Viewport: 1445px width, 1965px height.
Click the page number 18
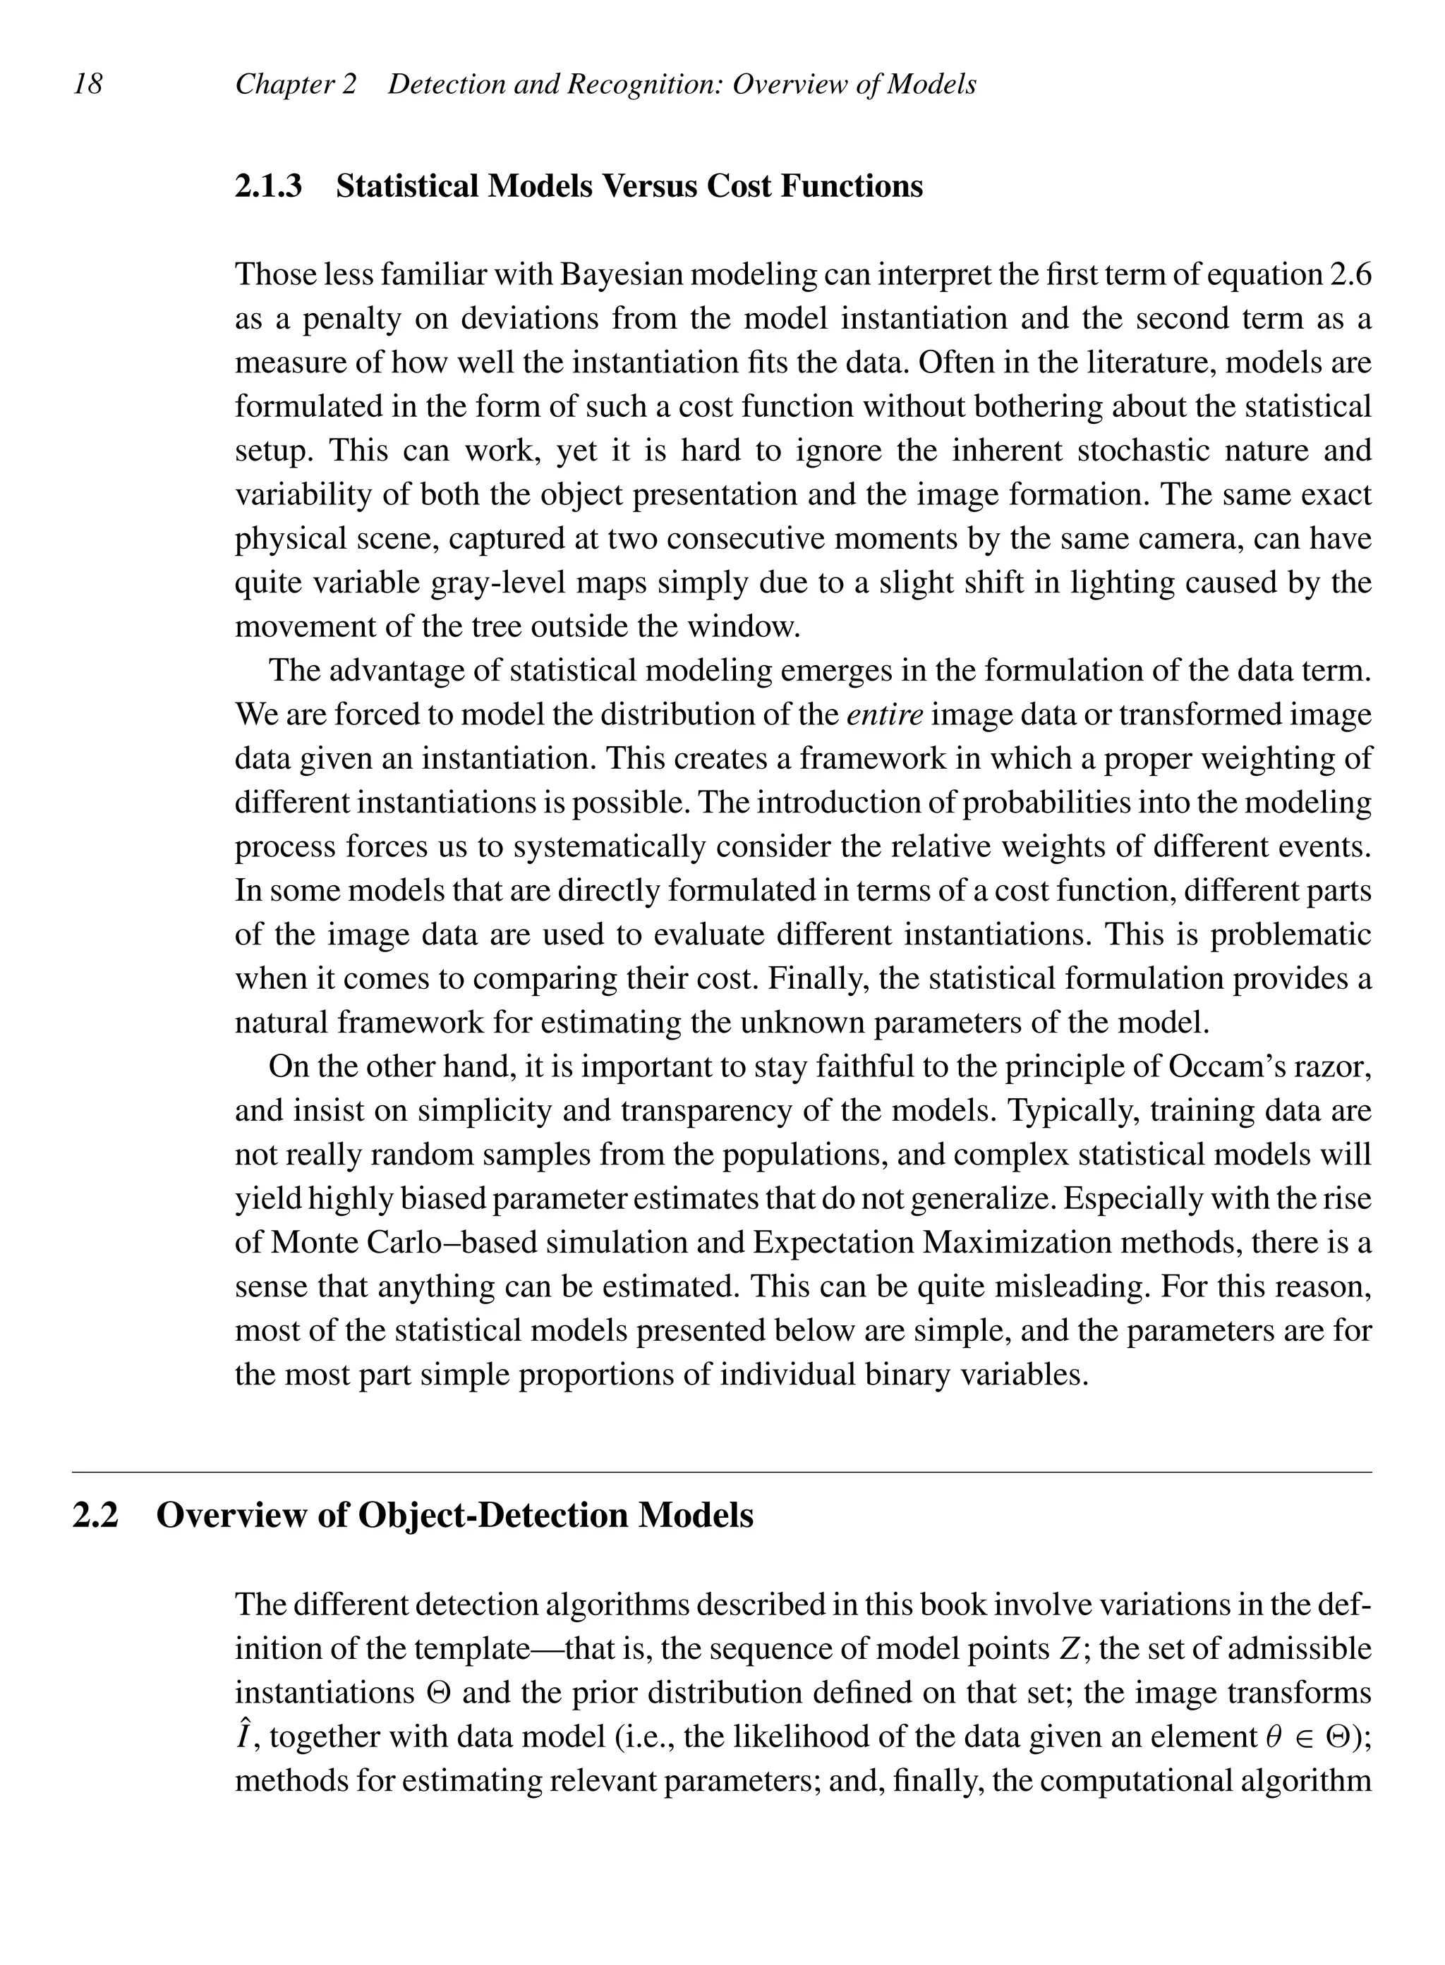pyautogui.click(x=87, y=84)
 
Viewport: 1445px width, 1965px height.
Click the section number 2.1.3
pyautogui.click(x=269, y=186)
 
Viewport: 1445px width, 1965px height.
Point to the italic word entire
pyautogui.click(x=884, y=714)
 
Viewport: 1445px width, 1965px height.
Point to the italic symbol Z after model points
pyautogui.click(x=1068, y=1649)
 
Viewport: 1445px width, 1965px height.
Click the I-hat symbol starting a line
pyautogui.click(x=245, y=1735)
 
